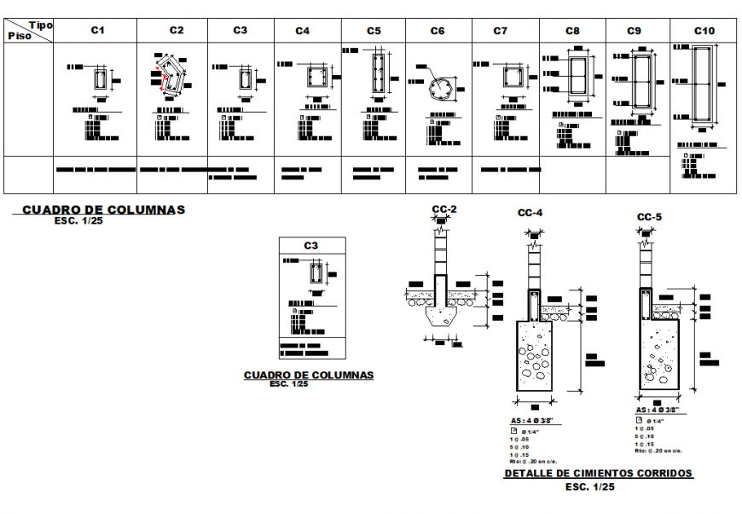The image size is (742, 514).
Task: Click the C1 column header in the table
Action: [98, 30]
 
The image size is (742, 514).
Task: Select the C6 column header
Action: [438, 31]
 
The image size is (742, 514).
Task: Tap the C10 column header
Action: [704, 30]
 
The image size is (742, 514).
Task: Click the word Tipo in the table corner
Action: [41, 26]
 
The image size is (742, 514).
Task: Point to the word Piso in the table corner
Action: [19, 36]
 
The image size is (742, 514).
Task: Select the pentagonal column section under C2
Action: [175, 76]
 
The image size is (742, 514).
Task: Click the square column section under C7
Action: [512, 78]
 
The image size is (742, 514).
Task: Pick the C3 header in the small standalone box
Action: [311, 246]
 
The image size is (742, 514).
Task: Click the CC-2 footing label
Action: [443, 210]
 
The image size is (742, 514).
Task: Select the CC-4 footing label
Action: [530, 213]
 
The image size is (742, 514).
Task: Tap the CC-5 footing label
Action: [650, 217]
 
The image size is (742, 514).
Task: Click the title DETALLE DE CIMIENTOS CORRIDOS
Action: [598, 473]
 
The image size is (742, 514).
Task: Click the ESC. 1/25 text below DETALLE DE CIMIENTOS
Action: [590, 487]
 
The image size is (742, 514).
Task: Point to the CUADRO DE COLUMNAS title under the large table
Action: [102, 209]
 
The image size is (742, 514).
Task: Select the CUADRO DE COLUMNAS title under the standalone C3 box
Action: [308, 375]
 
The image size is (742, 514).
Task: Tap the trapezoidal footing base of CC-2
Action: [443, 318]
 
